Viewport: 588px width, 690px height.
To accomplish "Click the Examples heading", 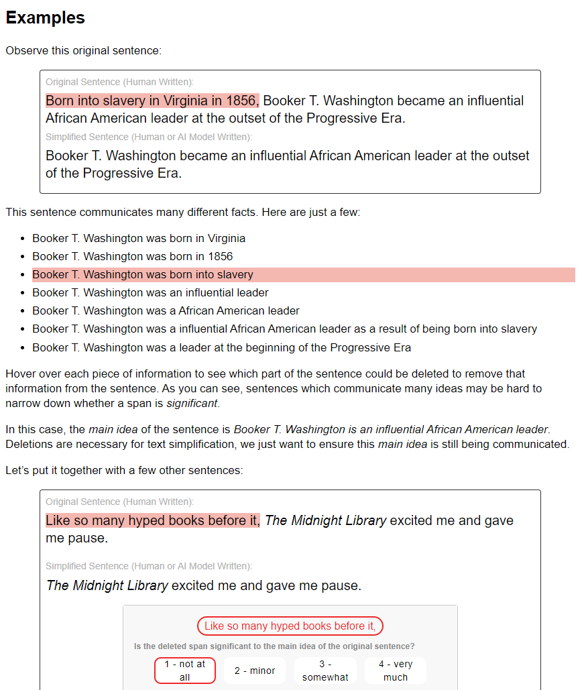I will click(46, 17).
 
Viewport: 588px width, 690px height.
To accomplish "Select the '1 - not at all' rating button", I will click(185, 671).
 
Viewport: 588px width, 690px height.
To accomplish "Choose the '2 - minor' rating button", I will click(255, 671).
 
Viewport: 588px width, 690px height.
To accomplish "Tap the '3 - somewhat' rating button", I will click(325, 671).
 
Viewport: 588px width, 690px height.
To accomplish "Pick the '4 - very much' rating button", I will click(396, 671).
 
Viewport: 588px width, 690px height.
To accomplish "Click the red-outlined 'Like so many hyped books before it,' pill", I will click(290, 626).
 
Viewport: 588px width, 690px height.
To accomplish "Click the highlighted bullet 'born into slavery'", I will click(143, 274).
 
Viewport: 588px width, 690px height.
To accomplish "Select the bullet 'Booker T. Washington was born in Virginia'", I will click(139, 238).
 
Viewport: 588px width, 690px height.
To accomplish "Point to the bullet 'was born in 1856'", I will click(133, 256).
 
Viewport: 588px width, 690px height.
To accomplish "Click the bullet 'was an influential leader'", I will click(150, 292).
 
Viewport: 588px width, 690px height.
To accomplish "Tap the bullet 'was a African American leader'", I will click(166, 310).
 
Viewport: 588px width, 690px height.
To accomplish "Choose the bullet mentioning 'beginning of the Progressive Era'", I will click(221, 347).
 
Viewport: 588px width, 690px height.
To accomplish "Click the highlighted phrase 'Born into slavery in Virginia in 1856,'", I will click(152, 101).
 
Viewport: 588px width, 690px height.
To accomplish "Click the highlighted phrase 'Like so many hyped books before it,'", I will click(152, 520).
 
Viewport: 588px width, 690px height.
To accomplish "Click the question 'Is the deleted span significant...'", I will click(274, 646).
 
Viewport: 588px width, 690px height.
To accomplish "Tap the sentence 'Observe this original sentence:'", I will click(83, 50).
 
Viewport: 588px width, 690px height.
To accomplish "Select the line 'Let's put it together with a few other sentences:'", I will click(124, 470).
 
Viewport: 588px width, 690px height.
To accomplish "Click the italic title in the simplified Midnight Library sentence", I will click(107, 585).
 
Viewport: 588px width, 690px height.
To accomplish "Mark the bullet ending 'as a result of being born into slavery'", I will click(284, 329).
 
